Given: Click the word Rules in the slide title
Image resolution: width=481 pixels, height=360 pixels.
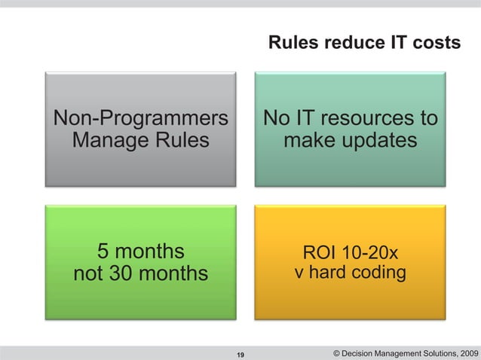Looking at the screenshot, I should [293, 44].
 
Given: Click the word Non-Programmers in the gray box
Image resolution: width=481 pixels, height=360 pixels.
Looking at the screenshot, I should [140, 119].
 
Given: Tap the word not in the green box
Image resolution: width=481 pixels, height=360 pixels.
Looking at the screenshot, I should [89, 273].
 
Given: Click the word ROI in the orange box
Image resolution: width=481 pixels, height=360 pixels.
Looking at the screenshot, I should [319, 252].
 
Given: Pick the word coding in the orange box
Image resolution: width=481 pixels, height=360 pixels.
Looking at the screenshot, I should [379, 271].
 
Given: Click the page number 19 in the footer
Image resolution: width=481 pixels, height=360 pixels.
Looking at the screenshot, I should [240, 354].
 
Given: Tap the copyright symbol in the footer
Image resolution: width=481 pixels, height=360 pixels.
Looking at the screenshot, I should [335, 352].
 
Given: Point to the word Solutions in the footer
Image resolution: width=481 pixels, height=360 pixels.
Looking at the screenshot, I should [429, 352].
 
